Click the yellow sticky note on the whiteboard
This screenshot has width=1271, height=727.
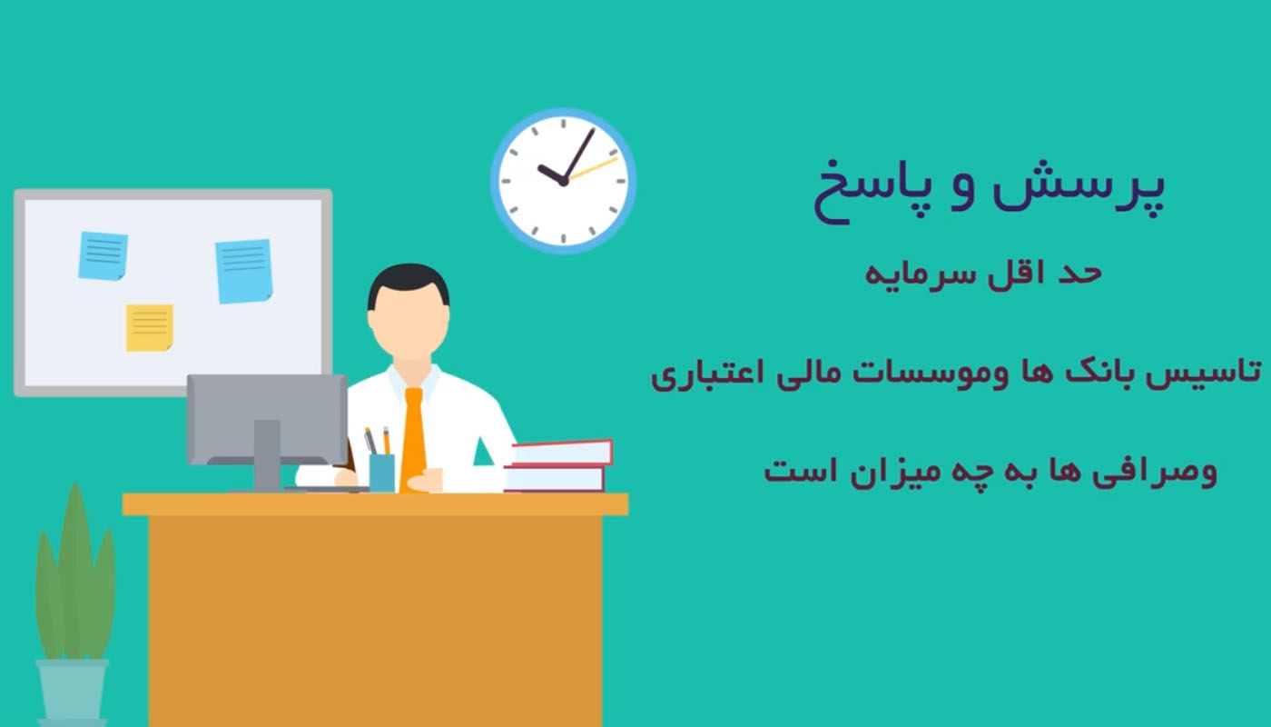point(149,328)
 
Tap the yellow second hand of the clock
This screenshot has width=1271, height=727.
point(592,169)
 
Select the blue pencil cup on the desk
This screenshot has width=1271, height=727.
point(382,473)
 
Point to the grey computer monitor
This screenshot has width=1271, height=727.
point(267,419)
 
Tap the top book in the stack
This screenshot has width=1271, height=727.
point(562,453)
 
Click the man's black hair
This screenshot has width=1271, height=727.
point(409,283)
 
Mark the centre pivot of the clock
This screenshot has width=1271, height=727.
point(564,181)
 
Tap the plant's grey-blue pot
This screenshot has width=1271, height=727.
point(72,692)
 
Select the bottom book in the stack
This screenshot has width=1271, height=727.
point(555,479)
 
